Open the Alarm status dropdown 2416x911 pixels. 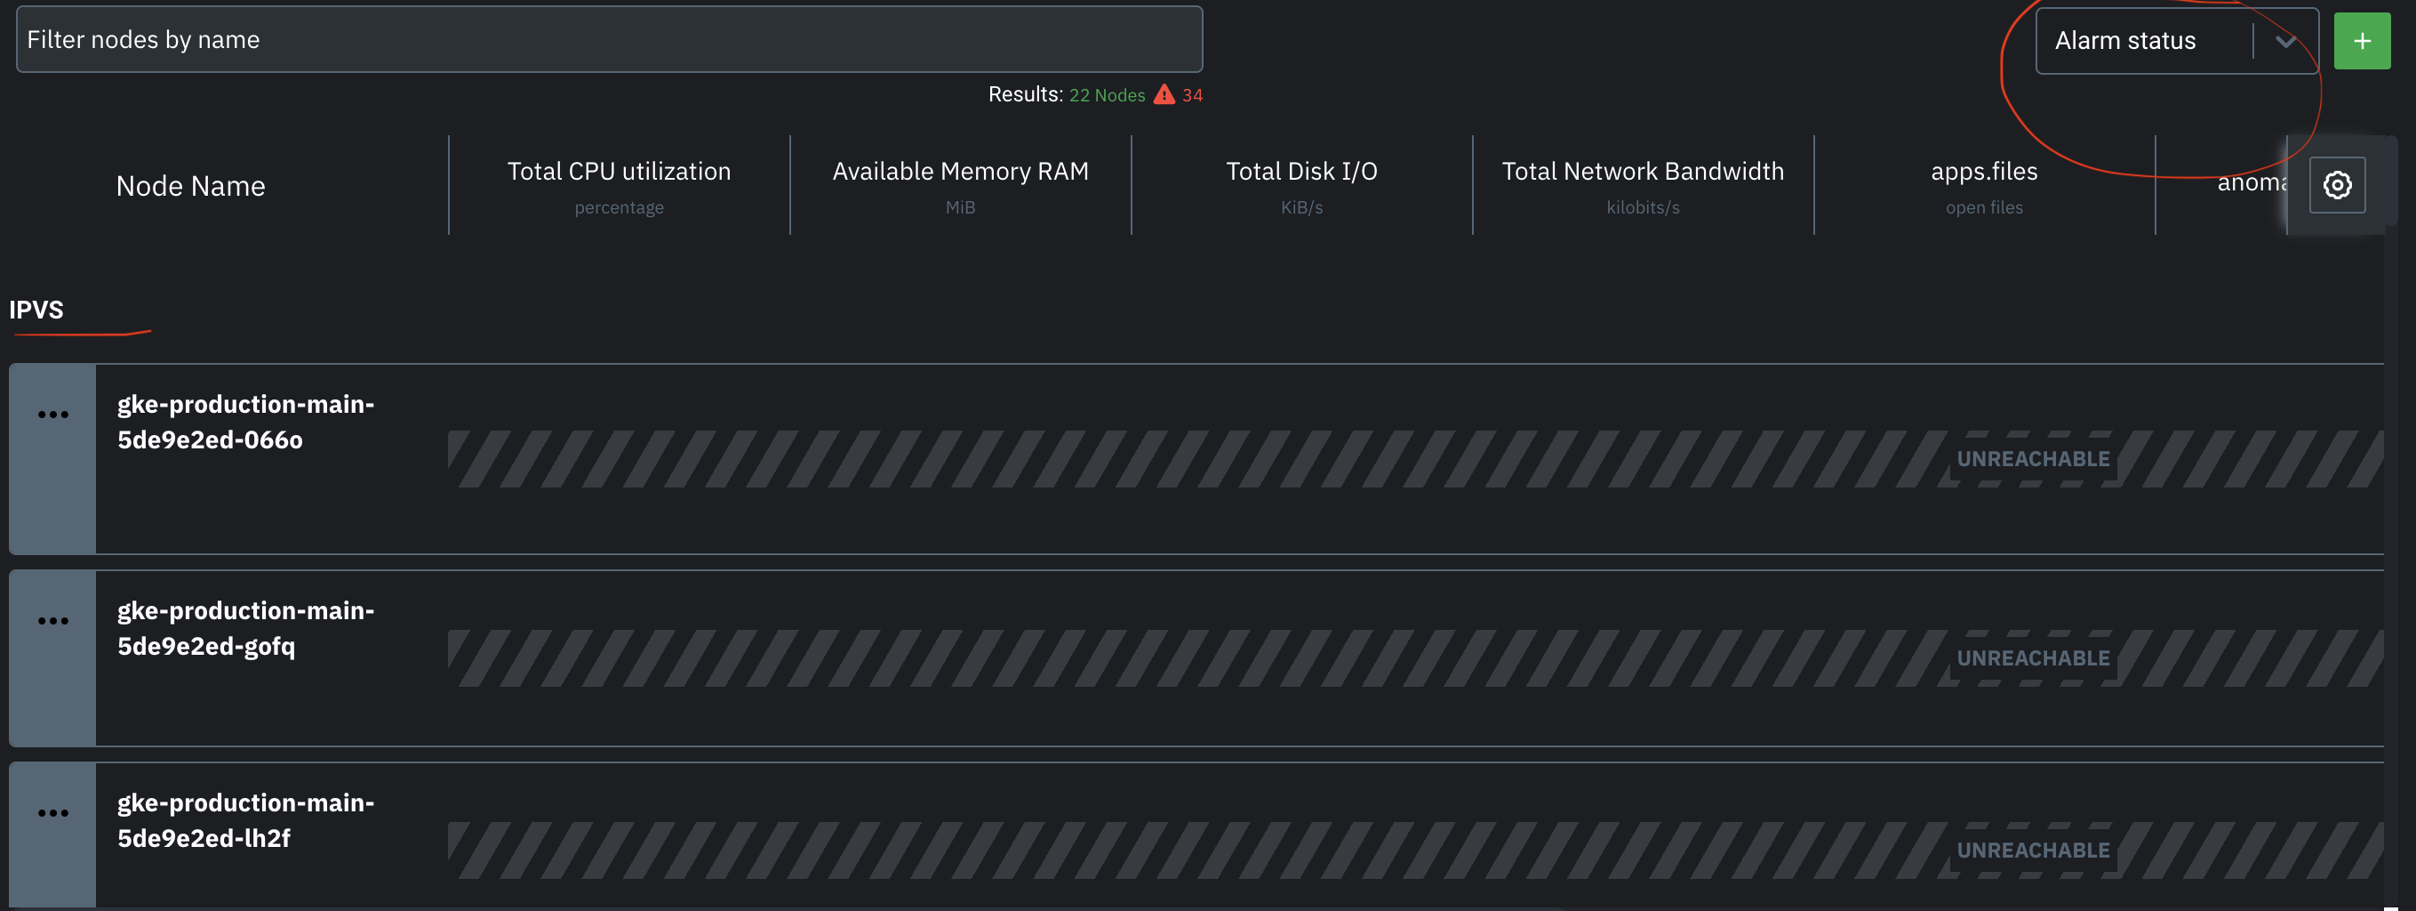(x=2176, y=40)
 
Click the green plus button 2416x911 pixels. (x=2361, y=41)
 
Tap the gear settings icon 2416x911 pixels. (x=2336, y=185)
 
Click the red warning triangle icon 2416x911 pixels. (x=1164, y=95)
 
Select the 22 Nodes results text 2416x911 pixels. (x=1107, y=95)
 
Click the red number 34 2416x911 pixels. (x=1192, y=95)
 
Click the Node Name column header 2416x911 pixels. (x=190, y=186)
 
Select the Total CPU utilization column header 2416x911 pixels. (x=619, y=172)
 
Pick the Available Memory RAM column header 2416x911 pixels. (x=960, y=172)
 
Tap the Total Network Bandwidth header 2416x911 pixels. (x=1643, y=172)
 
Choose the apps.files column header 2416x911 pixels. (x=1984, y=172)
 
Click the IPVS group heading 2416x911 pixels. (x=36, y=310)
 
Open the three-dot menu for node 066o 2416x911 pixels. (x=53, y=415)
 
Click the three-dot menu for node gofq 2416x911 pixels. (x=53, y=621)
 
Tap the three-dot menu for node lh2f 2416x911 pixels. (x=53, y=813)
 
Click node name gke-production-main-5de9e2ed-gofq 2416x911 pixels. (x=244, y=628)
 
